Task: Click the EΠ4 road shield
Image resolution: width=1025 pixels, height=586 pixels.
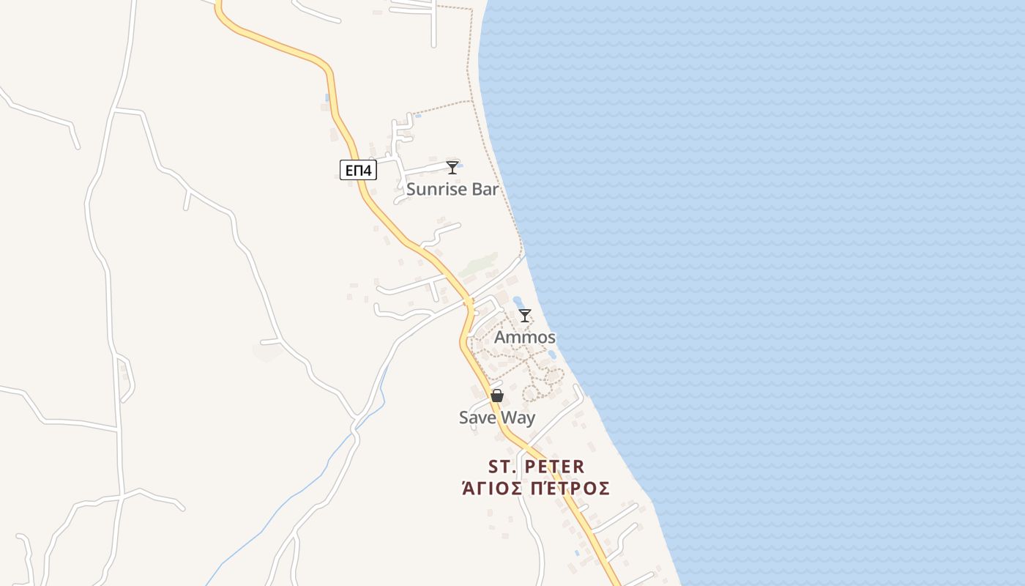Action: pos(358,171)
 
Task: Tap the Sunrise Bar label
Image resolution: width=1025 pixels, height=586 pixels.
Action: pos(452,189)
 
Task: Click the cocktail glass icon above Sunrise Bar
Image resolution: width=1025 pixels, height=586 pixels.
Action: pos(452,167)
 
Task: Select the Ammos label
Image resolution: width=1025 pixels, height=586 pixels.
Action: pos(525,338)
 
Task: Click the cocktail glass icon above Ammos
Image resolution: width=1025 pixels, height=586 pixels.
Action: pos(525,316)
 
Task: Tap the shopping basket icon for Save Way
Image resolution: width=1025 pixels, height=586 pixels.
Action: pos(497,396)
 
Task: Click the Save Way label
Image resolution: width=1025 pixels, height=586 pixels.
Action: pos(497,418)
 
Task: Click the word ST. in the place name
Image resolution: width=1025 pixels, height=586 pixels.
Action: pos(504,467)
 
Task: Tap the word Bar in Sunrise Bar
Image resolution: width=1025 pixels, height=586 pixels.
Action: pos(484,189)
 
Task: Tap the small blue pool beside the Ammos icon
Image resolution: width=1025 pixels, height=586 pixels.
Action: pos(518,301)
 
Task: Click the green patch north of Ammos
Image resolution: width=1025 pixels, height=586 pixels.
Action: pos(480,264)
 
